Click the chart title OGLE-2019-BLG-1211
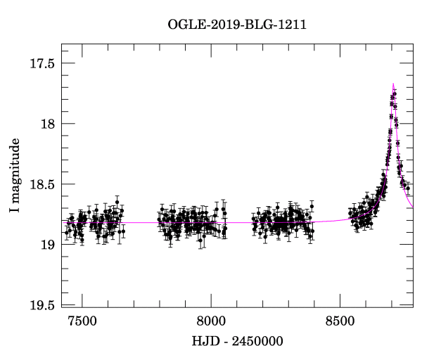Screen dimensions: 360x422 pos(237,25)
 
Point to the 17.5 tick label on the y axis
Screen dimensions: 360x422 pos(41,63)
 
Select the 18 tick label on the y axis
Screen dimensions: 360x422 pos(47,124)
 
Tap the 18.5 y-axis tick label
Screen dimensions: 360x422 pos(41,184)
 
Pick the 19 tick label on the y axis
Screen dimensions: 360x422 pos(47,245)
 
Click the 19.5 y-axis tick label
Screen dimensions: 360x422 pos(41,305)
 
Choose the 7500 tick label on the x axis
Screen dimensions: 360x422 pos(82,321)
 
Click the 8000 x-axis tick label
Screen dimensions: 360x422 pos(211,321)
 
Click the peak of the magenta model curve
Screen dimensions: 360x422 pos(394,84)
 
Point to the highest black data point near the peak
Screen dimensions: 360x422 pos(395,94)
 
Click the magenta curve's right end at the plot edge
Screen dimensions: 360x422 pos(413,208)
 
